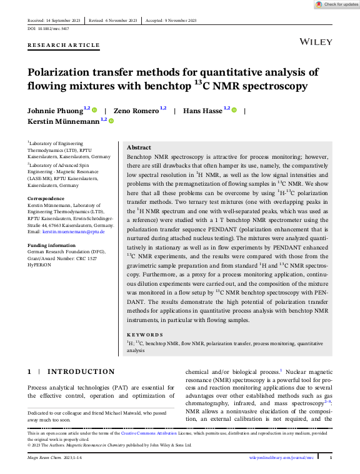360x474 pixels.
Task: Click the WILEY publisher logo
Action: coord(316,41)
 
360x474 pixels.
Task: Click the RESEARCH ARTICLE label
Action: coord(64,45)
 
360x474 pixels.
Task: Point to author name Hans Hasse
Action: coord(202,111)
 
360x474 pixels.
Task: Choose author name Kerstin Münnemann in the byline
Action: coord(63,121)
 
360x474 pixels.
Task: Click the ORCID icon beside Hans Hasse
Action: coord(234,111)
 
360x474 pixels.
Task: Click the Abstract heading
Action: coord(139,148)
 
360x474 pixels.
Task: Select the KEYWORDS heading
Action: coord(145,335)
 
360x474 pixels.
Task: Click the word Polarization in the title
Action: coord(65,72)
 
